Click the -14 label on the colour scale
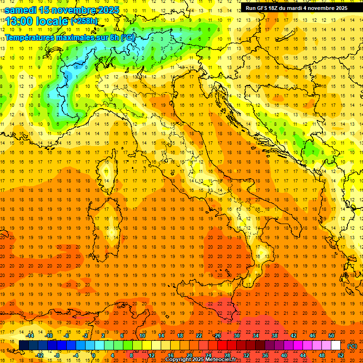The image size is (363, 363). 29,336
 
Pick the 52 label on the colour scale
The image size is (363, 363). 341,355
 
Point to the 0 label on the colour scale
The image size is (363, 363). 94,355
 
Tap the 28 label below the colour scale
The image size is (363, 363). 227,355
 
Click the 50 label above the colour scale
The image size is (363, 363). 331,336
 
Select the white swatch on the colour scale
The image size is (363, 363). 336,346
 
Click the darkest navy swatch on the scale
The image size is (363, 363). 24,346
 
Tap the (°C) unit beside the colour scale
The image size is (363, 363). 352,346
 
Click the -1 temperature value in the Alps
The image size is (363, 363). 77,67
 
